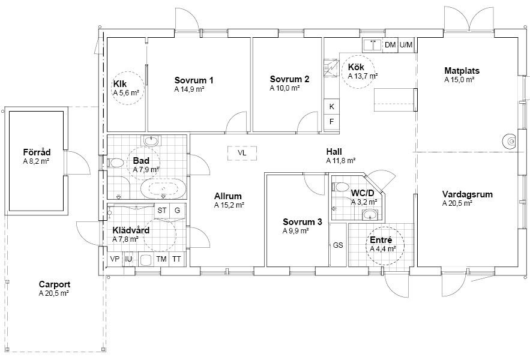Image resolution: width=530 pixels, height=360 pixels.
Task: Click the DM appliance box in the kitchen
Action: (390, 45)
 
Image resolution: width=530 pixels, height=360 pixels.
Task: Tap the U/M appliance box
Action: (406, 45)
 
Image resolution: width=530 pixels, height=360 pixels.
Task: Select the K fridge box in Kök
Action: (331, 106)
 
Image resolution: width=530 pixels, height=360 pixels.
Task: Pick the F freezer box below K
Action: (331, 122)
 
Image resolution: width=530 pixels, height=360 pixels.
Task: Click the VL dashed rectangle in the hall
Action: (242, 153)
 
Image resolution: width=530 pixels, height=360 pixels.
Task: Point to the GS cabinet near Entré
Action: (338, 245)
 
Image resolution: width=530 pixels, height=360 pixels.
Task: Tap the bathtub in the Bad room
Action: (163, 189)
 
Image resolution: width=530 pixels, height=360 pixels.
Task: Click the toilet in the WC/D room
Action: (340, 187)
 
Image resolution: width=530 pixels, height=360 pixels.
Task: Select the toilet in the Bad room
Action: (115, 163)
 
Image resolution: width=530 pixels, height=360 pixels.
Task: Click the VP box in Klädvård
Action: (115, 259)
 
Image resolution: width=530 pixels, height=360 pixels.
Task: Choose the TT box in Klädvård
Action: (176, 259)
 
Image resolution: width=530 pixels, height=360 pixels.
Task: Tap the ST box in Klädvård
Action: (162, 211)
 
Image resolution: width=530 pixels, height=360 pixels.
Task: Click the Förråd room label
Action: (37, 152)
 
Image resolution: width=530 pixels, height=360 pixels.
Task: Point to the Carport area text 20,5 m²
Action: (54, 293)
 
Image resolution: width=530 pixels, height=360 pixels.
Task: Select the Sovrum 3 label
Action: (302, 222)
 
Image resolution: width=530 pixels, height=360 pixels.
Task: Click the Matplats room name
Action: (462, 71)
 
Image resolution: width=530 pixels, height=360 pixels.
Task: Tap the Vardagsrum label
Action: (468, 194)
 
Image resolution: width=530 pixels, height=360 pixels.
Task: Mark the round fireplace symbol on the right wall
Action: (510, 141)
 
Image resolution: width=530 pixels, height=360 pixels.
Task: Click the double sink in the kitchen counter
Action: (373, 45)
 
